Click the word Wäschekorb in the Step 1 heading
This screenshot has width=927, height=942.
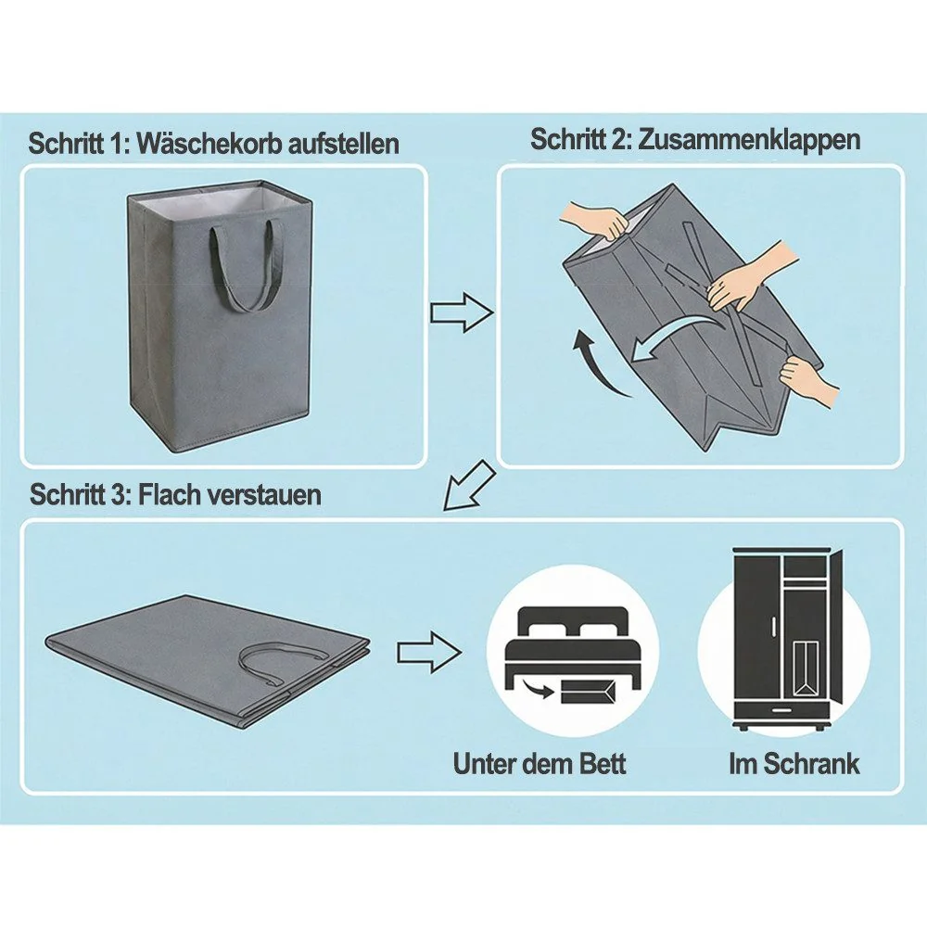(x=210, y=145)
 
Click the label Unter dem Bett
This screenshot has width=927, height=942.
(x=540, y=764)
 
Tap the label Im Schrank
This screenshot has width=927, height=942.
(x=794, y=764)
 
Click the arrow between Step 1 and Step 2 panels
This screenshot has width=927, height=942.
(x=462, y=312)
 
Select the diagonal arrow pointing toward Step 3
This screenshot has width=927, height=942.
(x=469, y=486)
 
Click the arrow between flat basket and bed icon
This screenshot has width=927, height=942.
(x=429, y=652)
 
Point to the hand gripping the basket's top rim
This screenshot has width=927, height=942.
(x=595, y=221)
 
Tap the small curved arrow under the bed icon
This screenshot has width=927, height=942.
(x=538, y=689)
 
